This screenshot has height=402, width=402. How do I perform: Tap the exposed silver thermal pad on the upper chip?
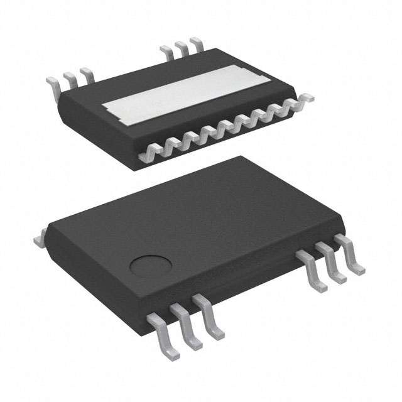coord(188,98)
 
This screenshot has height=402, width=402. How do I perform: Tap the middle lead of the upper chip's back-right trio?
coord(182,47)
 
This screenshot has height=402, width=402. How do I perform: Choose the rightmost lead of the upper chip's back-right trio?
coord(197,43)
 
